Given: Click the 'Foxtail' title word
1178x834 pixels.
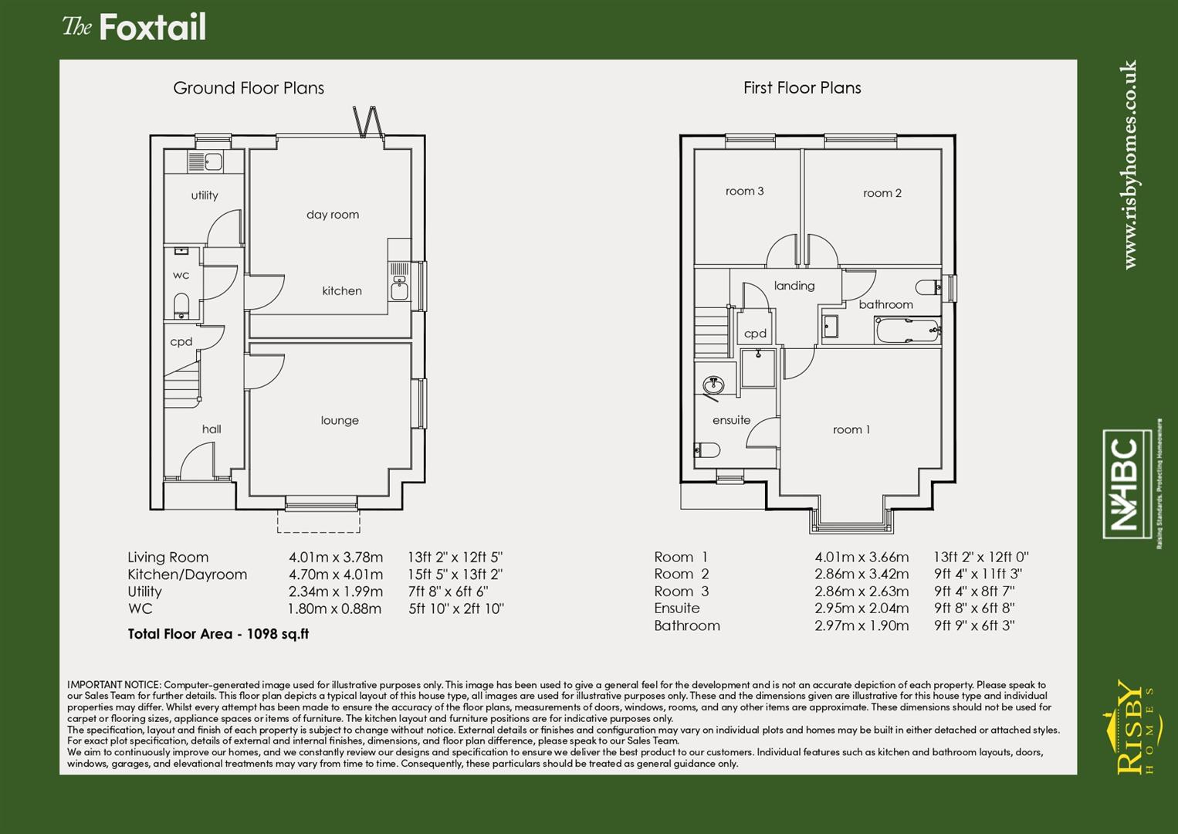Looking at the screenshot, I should [152, 28].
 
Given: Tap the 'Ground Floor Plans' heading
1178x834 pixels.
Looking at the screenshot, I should [248, 88].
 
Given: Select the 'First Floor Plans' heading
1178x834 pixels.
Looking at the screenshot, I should [801, 88].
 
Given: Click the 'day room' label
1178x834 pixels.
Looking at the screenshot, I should [332, 215].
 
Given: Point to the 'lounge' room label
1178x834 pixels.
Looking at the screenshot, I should [340, 420].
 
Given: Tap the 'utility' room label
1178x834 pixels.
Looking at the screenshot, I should [205, 195].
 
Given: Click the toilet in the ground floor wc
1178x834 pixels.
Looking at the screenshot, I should [181, 303].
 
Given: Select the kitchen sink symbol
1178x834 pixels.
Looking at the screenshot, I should [399, 290].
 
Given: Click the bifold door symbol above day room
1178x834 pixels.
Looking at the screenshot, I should [367, 121].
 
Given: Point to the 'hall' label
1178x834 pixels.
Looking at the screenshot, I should [212, 429].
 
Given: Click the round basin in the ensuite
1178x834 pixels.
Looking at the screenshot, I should [713, 384].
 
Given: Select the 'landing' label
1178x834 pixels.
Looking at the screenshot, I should [794, 286].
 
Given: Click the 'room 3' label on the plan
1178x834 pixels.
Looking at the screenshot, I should [744, 191].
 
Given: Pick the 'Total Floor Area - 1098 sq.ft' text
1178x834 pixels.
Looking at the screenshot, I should [218, 634].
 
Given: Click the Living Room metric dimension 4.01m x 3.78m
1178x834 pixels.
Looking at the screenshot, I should [335, 558].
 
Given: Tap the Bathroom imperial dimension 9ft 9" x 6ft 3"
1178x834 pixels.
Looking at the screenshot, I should [973, 625].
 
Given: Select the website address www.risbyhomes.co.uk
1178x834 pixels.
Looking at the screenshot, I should [1129, 164].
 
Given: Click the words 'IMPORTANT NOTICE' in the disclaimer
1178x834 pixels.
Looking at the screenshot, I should [114, 685].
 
